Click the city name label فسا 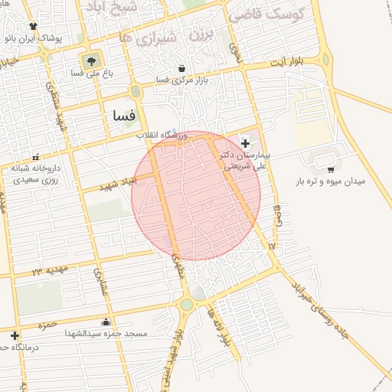coord(123,116)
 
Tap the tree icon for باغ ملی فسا coord(91,60)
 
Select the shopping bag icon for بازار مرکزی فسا coord(181,68)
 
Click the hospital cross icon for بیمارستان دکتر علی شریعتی coord(245,143)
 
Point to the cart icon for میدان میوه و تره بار coord(331,170)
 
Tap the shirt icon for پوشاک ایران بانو coord(33,26)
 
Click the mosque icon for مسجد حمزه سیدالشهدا coord(106,322)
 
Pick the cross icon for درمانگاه coord(15,335)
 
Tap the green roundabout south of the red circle coord(186,305)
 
